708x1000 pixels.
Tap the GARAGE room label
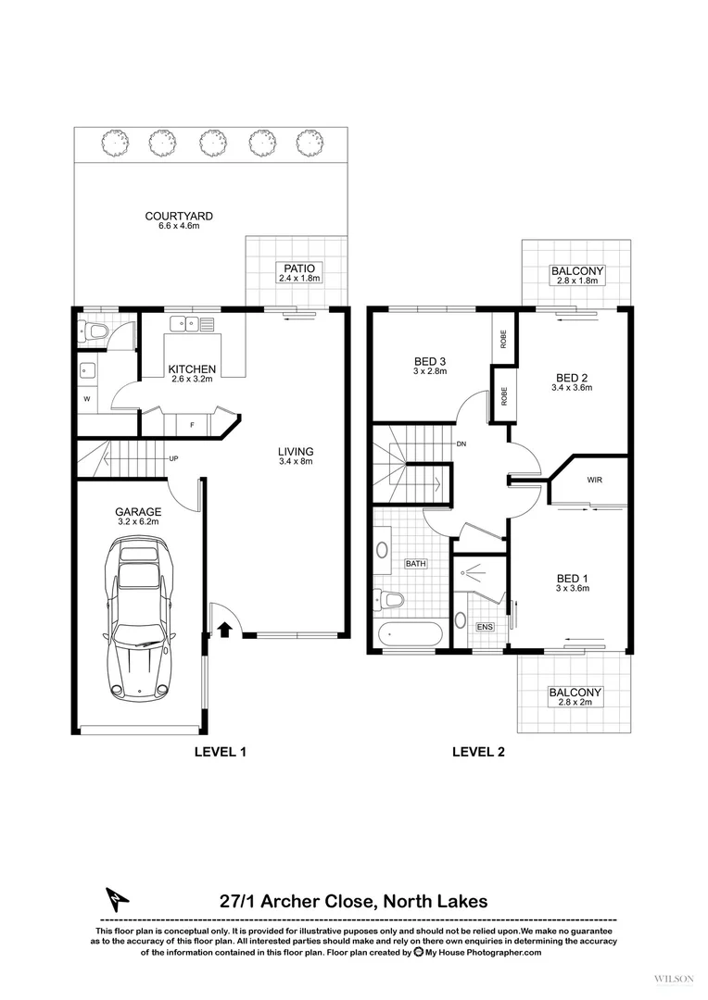coord(137,517)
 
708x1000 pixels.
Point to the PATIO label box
coord(298,272)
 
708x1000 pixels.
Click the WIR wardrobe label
coord(595,481)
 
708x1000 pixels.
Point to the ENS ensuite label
coord(485,627)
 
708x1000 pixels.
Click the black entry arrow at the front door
coord(223,629)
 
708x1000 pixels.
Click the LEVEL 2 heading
coord(478,752)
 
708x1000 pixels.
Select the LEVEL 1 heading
coord(220,752)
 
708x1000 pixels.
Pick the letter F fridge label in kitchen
coord(191,426)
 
